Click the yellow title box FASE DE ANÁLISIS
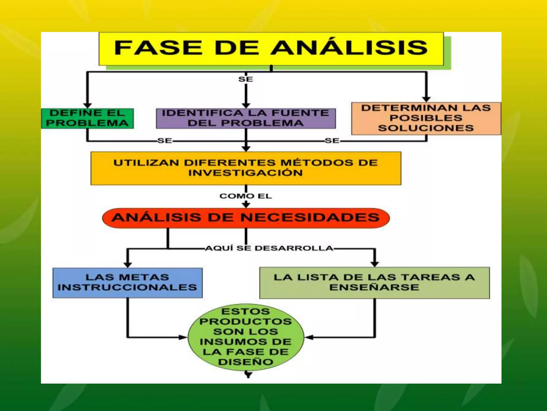pyautogui.click(x=271, y=49)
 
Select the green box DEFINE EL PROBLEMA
pyautogui.click(x=87, y=118)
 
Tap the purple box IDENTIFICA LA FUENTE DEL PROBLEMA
pyautogui.click(x=246, y=118)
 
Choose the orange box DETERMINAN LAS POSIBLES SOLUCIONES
pyautogui.click(x=426, y=118)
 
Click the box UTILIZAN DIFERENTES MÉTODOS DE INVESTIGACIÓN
pyautogui.click(x=246, y=168)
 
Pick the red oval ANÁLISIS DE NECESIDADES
pyautogui.click(x=246, y=218)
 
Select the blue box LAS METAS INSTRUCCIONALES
pyautogui.click(x=127, y=283)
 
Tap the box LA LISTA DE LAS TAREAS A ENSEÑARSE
pyautogui.click(x=374, y=283)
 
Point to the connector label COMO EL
pyautogui.click(x=246, y=196)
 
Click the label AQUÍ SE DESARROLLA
pyautogui.click(x=269, y=248)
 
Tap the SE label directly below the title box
pyautogui.click(x=246, y=79)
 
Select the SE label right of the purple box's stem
pyautogui.click(x=332, y=140)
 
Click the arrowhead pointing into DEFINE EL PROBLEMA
pyautogui.click(x=87, y=105)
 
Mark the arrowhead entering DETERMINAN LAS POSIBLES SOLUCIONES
pyautogui.click(x=426, y=99)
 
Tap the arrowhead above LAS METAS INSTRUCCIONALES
pyautogui.click(x=128, y=265)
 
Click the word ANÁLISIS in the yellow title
pyautogui.click(x=350, y=48)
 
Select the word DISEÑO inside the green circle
pyautogui.click(x=246, y=362)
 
